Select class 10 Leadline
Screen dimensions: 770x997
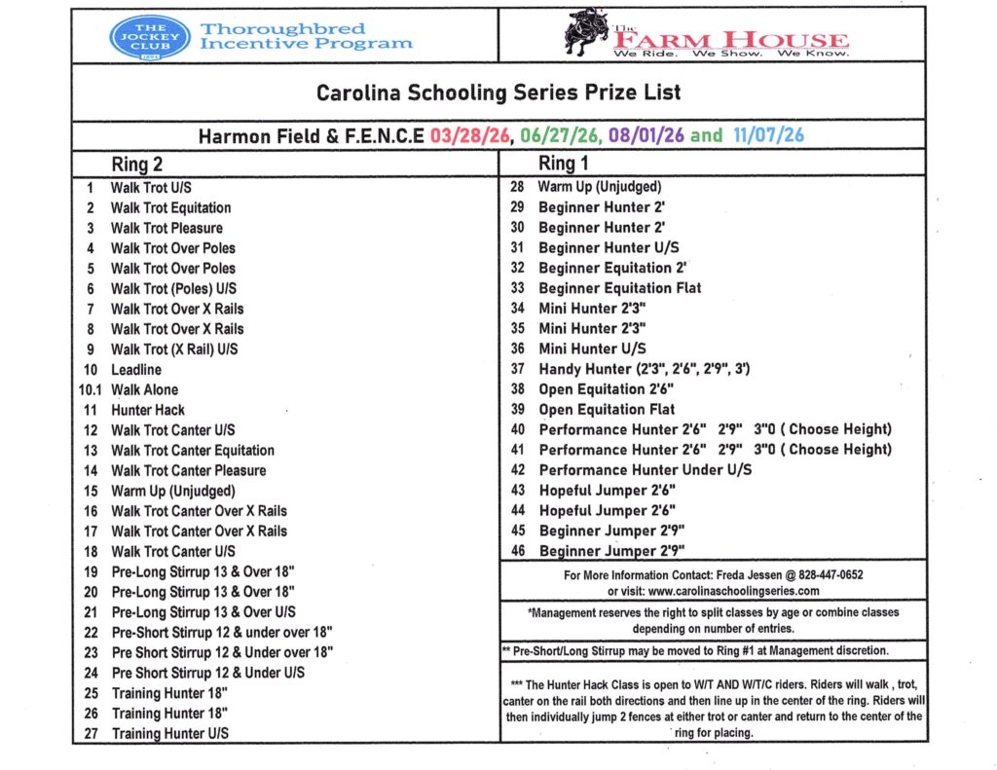[x=136, y=370]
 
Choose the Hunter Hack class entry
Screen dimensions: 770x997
[x=147, y=411]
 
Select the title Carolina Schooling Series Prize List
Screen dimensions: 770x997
[x=498, y=93]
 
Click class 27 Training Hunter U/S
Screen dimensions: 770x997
[x=169, y=734]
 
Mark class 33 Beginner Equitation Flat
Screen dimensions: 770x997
[x=619, y=288]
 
